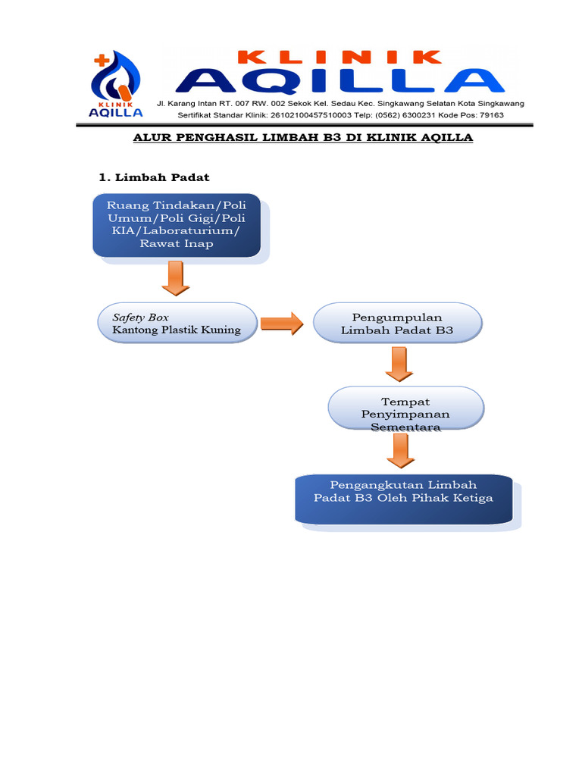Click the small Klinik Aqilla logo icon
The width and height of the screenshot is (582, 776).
point(115,86)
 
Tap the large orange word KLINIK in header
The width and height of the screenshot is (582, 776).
point(339,57)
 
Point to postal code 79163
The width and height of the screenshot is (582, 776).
point(490,115)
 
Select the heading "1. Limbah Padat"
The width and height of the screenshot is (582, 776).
point(155,177)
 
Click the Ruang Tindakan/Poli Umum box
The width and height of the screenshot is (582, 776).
point(177,224)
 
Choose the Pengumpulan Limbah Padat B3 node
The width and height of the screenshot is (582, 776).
point(397,324)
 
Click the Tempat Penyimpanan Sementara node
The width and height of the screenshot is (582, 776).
point(405,414)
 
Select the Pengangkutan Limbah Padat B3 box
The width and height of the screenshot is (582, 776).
point(403,498)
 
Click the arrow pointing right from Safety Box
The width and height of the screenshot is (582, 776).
point(281,324)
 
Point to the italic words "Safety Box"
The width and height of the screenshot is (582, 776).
point(141,317)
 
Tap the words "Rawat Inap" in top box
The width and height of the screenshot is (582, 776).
point(177,243)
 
